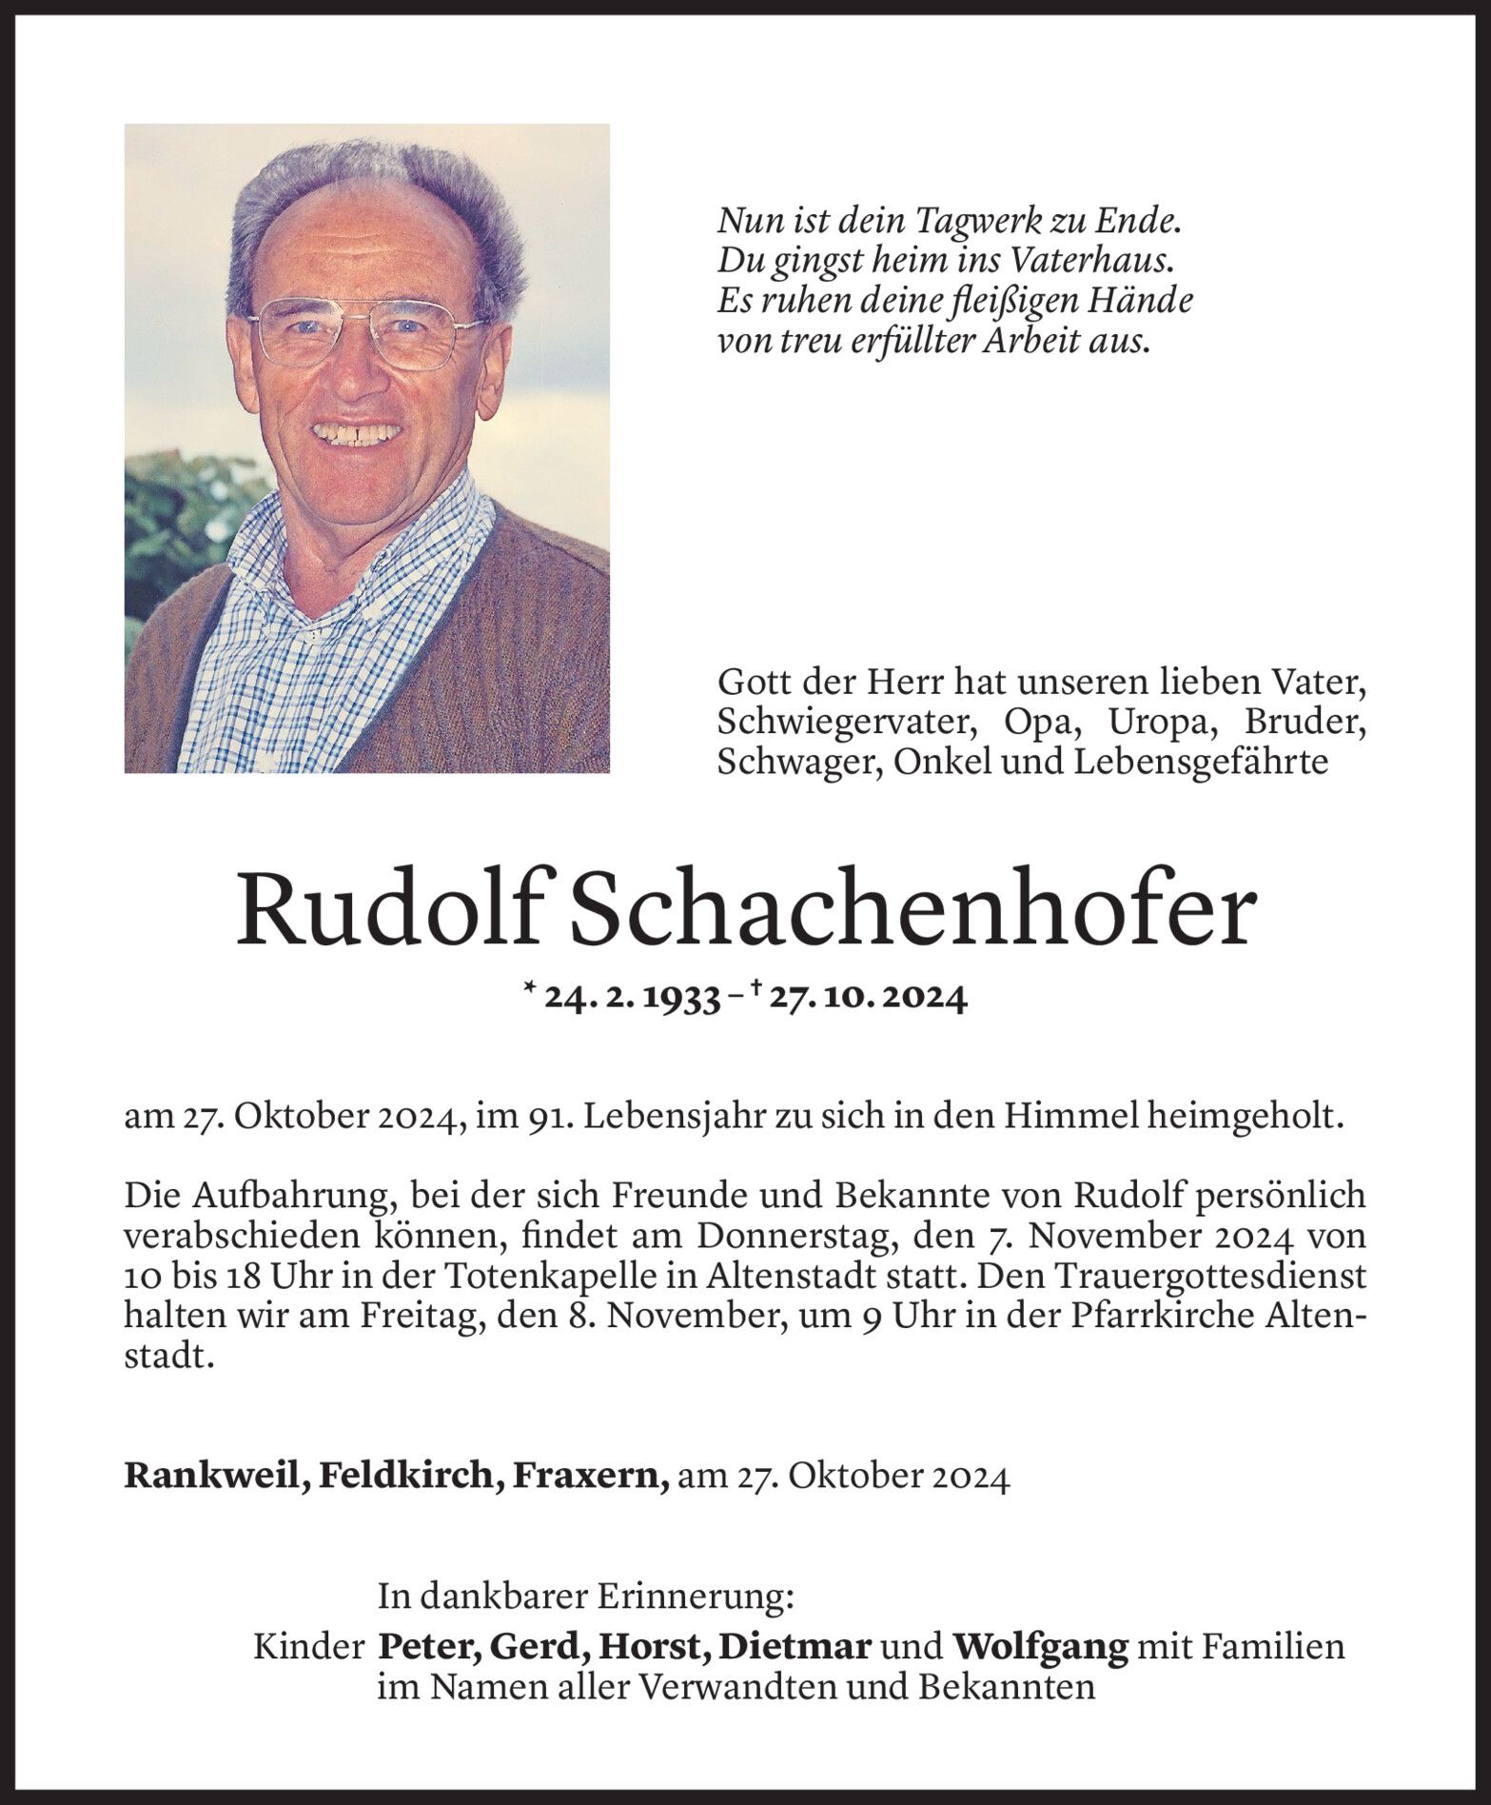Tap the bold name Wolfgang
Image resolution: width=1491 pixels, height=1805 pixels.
pyautogui.click(x=1040, y=1647)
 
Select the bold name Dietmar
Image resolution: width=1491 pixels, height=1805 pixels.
pyautogui.click(x=795, y=1647)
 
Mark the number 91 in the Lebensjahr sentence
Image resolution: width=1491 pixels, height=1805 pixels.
pyautogui.click(x=547, y=1117)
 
